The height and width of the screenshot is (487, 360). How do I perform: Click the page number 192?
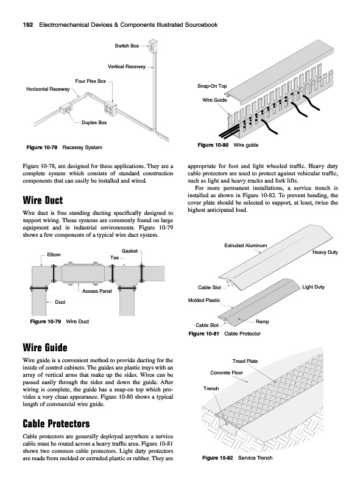point(28,25)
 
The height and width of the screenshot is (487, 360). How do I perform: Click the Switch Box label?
point(127,46)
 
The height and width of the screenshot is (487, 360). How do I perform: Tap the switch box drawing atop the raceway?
point(153,46)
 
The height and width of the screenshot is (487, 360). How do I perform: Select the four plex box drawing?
point(110,108)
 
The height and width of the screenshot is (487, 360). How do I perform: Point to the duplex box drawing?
point(66,110)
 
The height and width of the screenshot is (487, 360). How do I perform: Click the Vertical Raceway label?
point(127,66)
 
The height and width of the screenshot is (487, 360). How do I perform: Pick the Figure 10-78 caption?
point(65,147)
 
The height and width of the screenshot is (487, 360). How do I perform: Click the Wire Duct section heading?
point(43,200)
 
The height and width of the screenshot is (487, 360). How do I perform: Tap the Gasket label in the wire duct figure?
point(130,251)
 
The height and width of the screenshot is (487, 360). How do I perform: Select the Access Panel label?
point(97,291)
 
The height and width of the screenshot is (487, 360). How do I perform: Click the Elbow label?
point(54,254)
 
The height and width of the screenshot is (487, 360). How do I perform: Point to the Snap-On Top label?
point(212,86)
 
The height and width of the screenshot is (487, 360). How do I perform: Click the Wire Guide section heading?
point(45,347)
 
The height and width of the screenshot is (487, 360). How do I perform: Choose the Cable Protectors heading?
point(56,424)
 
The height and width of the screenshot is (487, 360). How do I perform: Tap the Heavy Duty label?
point(325,252)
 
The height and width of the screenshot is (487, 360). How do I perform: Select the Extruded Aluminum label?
point(245,245)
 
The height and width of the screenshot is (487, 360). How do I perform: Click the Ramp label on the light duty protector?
point(262,322)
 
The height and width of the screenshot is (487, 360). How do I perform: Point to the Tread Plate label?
point(245,361)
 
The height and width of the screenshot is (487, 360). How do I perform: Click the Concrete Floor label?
point(227,373)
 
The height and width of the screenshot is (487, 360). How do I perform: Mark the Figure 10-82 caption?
point(237,458)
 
